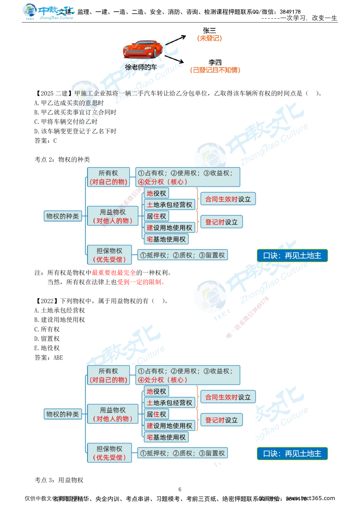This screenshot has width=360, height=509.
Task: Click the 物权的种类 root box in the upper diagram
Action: click(x=63, y=216)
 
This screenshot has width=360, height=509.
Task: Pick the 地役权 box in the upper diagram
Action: click(x=156, y=193)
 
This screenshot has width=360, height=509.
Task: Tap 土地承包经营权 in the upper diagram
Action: click(x=169, y=205)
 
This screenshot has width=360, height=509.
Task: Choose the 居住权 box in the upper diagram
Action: click(x=156, y=216)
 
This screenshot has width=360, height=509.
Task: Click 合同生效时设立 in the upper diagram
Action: click(x=228, y=199)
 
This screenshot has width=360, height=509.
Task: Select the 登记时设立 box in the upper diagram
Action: click(x=221, y=222)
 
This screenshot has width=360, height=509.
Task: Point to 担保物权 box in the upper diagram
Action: click(x=109, y=255)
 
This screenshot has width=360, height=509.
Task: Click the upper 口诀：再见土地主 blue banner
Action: click(x=292, y=256)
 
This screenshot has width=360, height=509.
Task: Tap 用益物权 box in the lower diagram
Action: click(x=113, y=414)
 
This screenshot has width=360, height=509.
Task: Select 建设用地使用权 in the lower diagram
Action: click(x=169, y=425)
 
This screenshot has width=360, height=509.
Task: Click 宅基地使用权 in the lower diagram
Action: click(x=166, y=437)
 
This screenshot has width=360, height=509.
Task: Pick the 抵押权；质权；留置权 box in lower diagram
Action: click(x=183, y=453)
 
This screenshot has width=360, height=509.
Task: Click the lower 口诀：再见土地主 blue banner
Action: click(x=292, y=454)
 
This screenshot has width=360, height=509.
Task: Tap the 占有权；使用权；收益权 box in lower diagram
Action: click(x=188, y=375)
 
